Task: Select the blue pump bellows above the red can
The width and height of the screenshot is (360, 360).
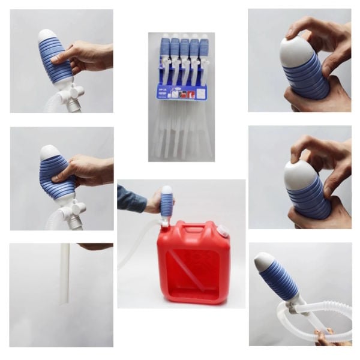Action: click(166, 204)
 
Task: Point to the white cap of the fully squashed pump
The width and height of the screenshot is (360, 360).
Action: click(48, 152)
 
